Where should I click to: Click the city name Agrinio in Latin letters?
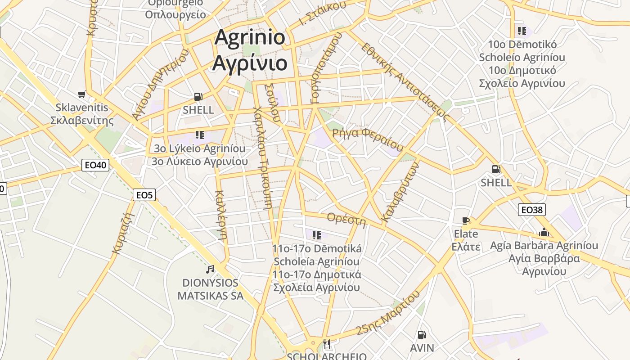pos(250,37)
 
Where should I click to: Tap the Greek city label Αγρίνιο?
pos(250,62)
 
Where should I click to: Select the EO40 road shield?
pos(96,165)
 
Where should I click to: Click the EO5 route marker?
pos(144,195)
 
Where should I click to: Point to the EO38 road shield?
pos(531,210)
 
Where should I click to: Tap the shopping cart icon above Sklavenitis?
pos(81,94)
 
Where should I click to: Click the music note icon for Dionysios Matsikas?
pos(210,270)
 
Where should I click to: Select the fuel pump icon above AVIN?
pos(422,335)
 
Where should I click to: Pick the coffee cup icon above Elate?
pos(466,221)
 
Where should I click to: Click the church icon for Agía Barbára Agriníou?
pos(544,233)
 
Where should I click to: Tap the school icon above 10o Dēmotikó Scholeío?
pos(522,31)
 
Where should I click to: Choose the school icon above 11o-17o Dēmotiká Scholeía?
pos(317,235)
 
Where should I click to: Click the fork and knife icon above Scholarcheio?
pos(327,344)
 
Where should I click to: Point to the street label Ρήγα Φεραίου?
pos(368,139)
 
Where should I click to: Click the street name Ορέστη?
pos(346,220)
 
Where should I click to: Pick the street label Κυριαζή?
pos(124,233)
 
